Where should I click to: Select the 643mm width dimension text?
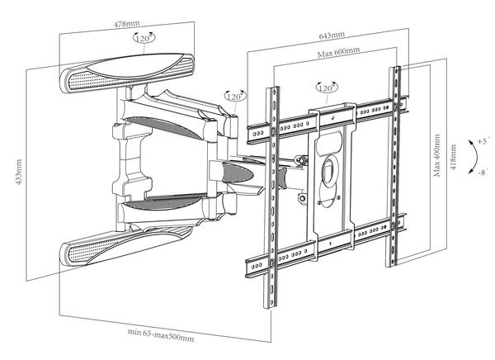(x=332, y=38)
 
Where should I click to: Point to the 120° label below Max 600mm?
(x=326, y=88)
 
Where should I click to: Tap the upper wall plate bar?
(x=128, y=71)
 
